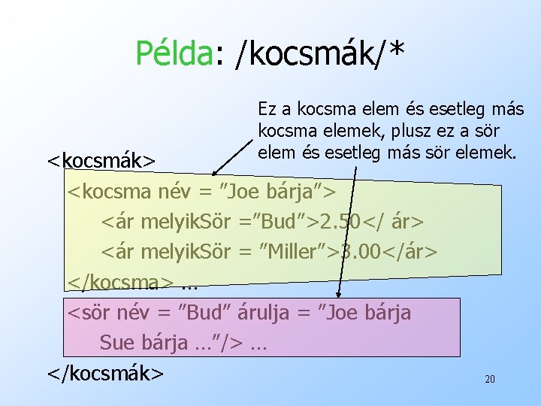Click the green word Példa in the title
(174, 53)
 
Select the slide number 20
(489, 380)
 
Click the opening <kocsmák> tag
(101, 161)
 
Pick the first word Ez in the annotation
(267, 110)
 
